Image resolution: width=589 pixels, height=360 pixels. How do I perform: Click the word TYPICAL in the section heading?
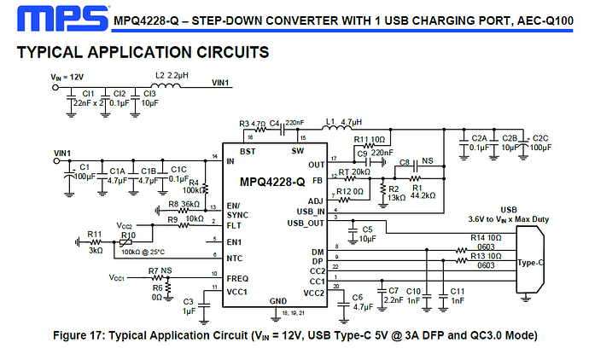(48, 53)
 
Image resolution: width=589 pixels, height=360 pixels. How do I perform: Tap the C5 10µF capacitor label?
(368, 234)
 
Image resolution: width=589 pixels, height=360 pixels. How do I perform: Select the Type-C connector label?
(530, 264)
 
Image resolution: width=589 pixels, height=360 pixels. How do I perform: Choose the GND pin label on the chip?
(277, 301)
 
